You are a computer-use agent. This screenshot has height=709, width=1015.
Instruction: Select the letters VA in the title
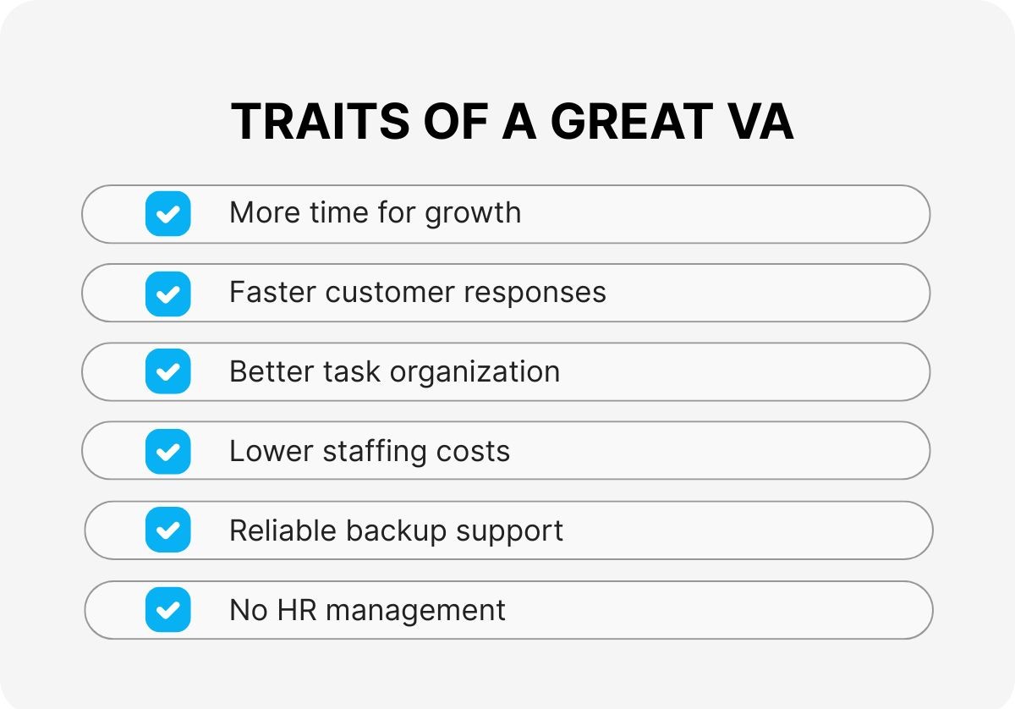coord(760,123)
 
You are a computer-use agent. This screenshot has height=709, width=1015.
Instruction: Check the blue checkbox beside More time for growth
coord(167,213)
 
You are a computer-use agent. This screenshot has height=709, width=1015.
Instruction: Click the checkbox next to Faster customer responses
coord(167,293)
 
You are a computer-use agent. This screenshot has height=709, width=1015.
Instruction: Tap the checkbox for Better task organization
coord(167,372)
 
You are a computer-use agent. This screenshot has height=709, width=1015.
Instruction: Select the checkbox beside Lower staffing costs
coord(167,451)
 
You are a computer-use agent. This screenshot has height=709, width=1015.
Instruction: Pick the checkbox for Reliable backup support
coord(167,530)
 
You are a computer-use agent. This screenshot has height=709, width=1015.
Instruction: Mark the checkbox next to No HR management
coord(167,609)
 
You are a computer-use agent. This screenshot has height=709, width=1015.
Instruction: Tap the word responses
coord(525,293)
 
